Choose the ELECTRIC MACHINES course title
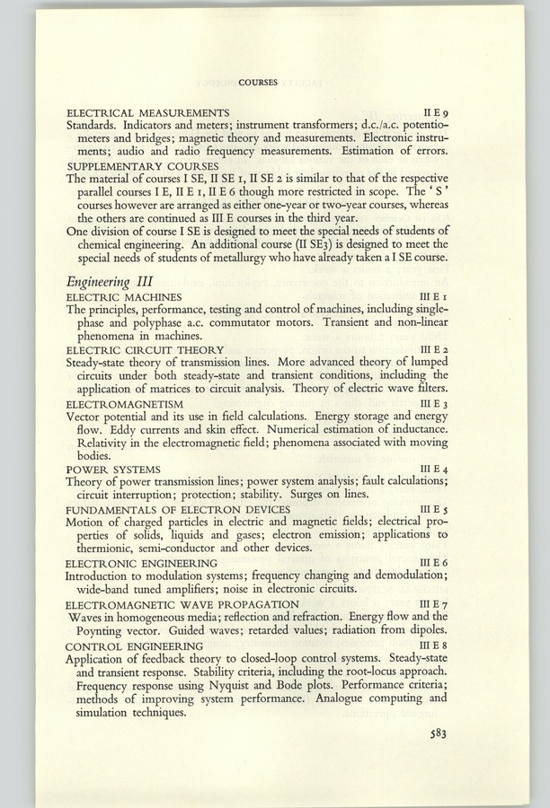coord(124,296)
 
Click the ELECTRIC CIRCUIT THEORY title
coord(145,348)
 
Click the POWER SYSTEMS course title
coord(114,470)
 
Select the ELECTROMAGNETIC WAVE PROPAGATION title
coord(182,604)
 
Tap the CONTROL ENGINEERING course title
coord(134,645)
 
